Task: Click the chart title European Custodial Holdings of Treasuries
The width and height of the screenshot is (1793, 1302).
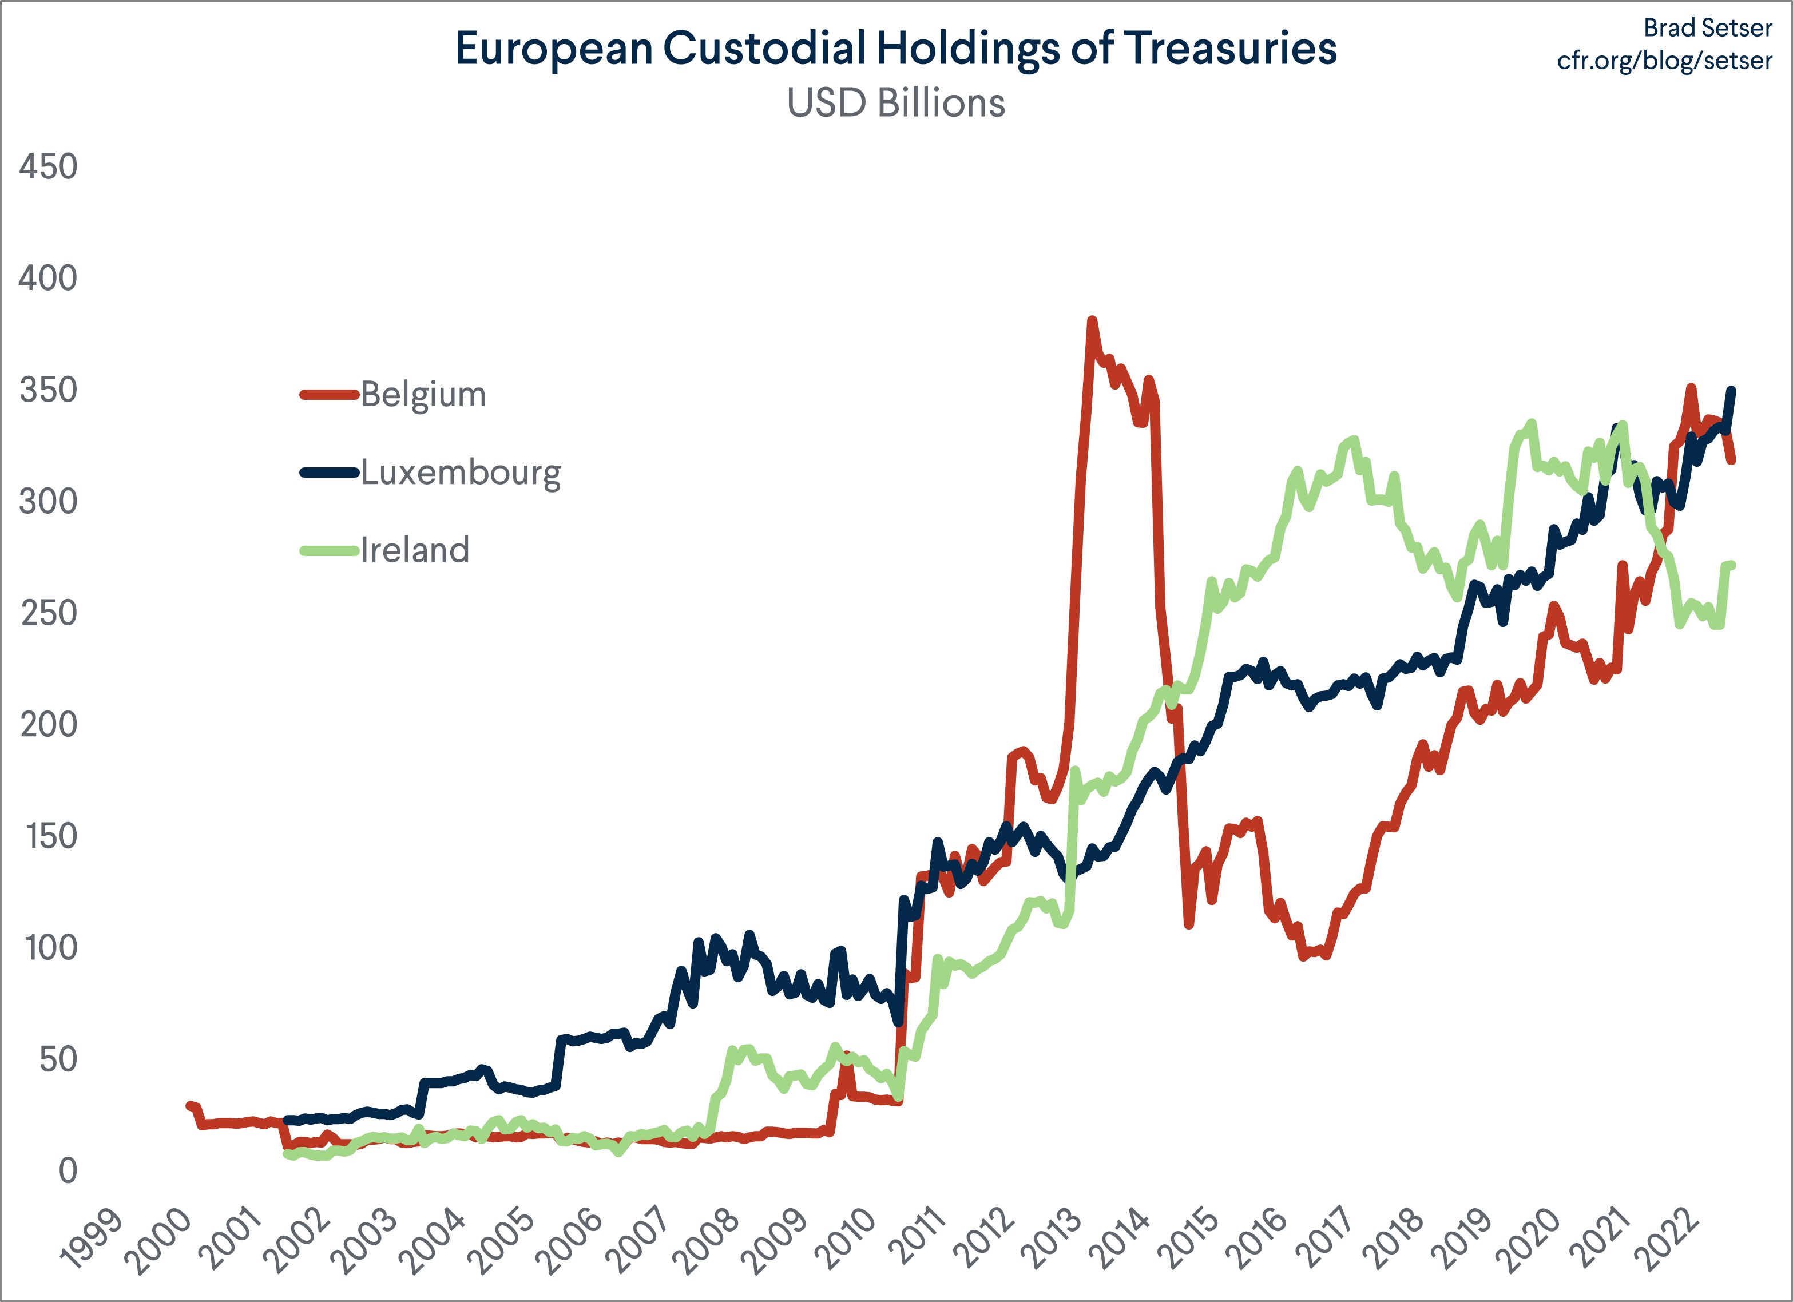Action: (896, 49)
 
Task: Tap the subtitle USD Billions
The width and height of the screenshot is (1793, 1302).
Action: (896, 104)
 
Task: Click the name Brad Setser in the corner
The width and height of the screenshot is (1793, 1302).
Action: (1708, 27)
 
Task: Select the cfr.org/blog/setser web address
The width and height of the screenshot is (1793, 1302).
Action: (1664, 61)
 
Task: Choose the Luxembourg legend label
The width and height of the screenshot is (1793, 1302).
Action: (461, 473)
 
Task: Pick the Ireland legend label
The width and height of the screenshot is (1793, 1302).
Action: (415, 550)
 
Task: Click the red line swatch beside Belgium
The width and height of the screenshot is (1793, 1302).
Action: (330, 395)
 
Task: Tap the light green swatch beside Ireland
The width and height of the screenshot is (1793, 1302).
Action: (330, 550)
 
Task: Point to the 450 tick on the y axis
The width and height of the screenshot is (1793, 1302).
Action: (48, 167)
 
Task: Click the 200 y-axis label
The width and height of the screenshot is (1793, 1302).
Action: (48, 725)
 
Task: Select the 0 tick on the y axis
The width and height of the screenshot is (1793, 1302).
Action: (68, 1171)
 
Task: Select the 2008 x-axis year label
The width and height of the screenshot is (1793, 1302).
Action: (709, 1240)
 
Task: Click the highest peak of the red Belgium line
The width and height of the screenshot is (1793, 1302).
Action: (1092, 320)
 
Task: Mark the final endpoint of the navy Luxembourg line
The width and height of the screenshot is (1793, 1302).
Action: (1732, 390)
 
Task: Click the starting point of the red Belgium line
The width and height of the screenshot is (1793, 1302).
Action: (189, 1105)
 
